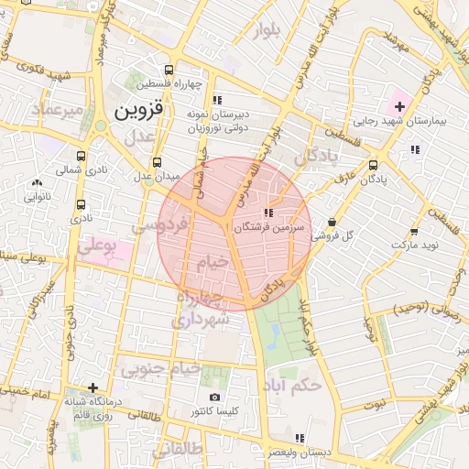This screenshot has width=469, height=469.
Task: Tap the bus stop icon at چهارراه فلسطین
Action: point(169,70)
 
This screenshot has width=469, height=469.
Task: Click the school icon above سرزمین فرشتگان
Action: point(267,213)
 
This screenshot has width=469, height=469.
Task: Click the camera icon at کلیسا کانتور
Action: point(214,398)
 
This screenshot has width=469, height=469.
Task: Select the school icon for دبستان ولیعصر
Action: point(299,438)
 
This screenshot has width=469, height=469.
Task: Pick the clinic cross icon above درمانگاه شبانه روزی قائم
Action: point(92,387)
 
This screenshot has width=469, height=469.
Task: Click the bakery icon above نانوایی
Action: point(37,183)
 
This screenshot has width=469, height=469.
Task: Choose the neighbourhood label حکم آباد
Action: point(292,386)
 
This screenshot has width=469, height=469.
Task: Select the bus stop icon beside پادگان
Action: point(372,166)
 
